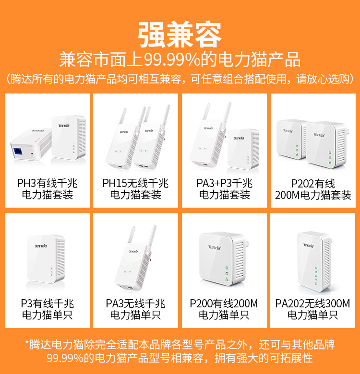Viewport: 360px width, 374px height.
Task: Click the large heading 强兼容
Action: (180, 35)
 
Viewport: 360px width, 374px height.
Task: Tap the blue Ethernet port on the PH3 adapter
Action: (18, 152)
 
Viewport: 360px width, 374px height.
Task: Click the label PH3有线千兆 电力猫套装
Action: (47, 189)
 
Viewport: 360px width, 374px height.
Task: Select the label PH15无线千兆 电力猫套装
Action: (135, 189)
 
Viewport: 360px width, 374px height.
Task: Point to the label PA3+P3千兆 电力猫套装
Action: (225, 189)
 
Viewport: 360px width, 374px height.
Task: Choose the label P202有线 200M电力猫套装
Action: (313, 189)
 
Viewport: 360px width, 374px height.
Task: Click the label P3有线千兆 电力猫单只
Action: (47, 309)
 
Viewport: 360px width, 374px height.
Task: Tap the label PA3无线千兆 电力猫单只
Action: (135, 309)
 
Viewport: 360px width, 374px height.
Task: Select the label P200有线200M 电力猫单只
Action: (224, 309)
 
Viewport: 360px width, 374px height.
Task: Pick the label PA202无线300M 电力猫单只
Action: (312, 309)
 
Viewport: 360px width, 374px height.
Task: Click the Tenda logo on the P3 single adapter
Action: (41, 246)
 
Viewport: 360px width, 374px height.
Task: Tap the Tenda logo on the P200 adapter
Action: (214, 247)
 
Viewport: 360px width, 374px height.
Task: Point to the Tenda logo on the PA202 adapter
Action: (309, 245)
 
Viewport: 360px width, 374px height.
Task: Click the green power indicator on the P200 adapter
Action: (227, 268)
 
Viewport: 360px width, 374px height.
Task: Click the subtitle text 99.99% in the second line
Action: (172, 59)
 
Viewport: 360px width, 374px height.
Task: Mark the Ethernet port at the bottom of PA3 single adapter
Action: (130, 288)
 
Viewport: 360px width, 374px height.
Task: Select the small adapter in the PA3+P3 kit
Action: (243, 149)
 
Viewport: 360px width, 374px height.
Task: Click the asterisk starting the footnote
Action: (27, 342)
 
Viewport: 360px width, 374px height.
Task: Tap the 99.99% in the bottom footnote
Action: (65, 358)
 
